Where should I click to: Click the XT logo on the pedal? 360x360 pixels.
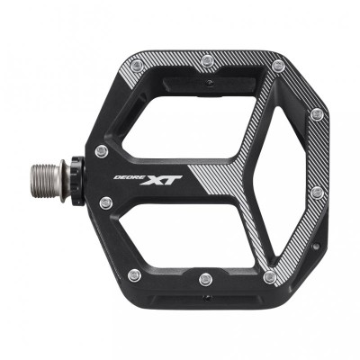(165, 180)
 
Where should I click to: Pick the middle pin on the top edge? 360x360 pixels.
(208, 61)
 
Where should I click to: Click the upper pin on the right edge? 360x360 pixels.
(316, 114)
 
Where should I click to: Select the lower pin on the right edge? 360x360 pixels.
(316, 192)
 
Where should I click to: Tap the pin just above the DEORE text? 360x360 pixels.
(102, 150)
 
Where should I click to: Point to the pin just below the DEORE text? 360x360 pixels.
(107, 202)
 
